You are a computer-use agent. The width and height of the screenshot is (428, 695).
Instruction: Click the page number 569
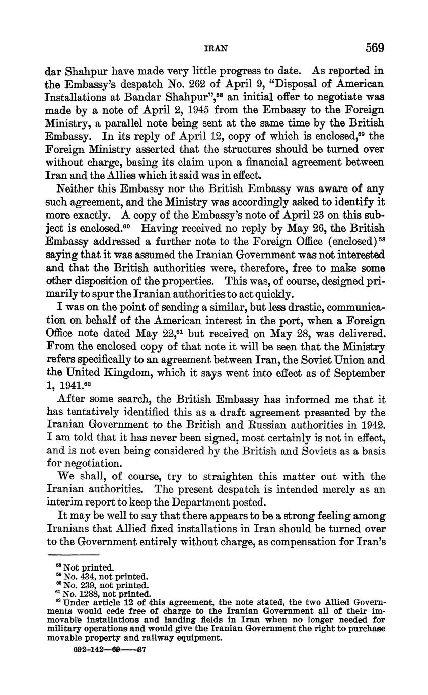coord(375,48)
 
